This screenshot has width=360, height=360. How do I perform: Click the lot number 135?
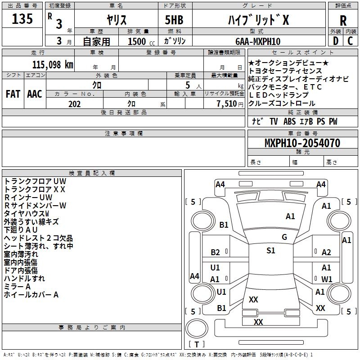click(22, 19)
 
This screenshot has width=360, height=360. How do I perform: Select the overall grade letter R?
click(343, 21)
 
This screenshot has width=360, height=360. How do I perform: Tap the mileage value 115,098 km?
click(53, 65)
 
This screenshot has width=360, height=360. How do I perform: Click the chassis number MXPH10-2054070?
click(302, 143)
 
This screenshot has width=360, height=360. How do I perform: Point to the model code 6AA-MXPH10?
click(258, 41)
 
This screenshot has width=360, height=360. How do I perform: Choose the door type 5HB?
click(174, 20)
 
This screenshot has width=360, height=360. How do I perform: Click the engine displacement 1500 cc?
click(141, 41)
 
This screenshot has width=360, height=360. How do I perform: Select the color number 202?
click(74, 104)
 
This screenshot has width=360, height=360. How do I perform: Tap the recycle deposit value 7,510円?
click(230, 104)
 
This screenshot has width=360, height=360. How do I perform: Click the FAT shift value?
click(13, 94)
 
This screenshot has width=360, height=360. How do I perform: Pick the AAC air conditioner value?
click(35, 94)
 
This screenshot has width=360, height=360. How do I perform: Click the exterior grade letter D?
click(336, 41)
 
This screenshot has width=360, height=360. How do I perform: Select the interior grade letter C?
click(350, 41)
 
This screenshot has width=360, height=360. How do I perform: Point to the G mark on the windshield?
click(284, 237)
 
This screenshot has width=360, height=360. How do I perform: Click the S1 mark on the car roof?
click(271, 251)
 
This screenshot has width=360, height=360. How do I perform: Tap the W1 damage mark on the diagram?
click(327, 279)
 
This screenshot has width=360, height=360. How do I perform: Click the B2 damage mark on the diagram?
click(215, 252)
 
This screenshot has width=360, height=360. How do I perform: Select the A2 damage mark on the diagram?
click(326, 252)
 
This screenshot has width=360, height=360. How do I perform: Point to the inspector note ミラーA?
click(17, 287)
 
